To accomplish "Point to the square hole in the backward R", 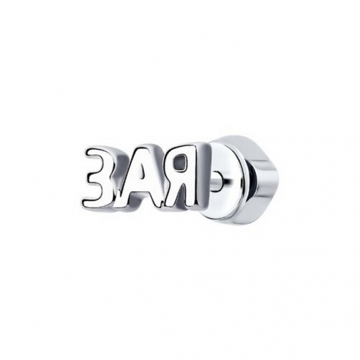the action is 181,163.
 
